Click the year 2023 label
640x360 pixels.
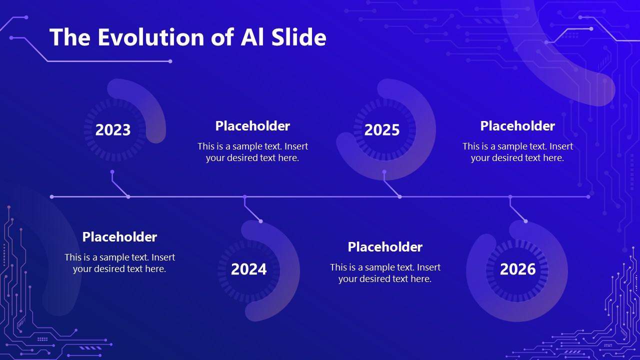pyautogui.click(x=113, y=130)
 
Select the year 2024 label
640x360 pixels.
pyautogui.click(x=248, y=269)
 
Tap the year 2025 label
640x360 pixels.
pyautogui.click(x=382, y=130)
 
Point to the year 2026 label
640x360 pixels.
pyautogui.click(x=517, y=269)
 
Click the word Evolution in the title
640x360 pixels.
pyautogui.click(x=151, y=37)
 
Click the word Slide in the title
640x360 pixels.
pyautogui.click(x=298, y=37)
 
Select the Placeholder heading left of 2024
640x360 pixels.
pyautogui.click(x=119, y=237)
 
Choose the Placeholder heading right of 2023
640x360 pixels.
pyautogui.click(x=252, y=126)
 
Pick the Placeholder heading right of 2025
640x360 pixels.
pyautogui.click(x=517, y=126)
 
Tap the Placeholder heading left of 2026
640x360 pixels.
pyautogui.click(x=385, y=247)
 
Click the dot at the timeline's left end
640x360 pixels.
pyautogui.click(x=51, y=197)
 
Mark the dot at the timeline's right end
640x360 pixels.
pyautogui.click(x=588, y=197)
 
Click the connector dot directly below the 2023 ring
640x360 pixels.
pyautogui.click(x=112, y=172)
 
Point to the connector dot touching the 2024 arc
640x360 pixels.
pyautogui.click(x=260, y=221)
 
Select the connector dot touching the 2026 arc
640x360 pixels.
pyautogui.click(x=525, y=221)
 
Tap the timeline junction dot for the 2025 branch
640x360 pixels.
pyautogui.click(x=399, y=197)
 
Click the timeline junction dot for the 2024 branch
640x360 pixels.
pyautogui.click(x=244, y=197)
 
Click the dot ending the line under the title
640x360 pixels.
pyautogui.click(x=170, y=61)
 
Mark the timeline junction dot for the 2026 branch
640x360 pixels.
pyautogui.click(x=510, y=197)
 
